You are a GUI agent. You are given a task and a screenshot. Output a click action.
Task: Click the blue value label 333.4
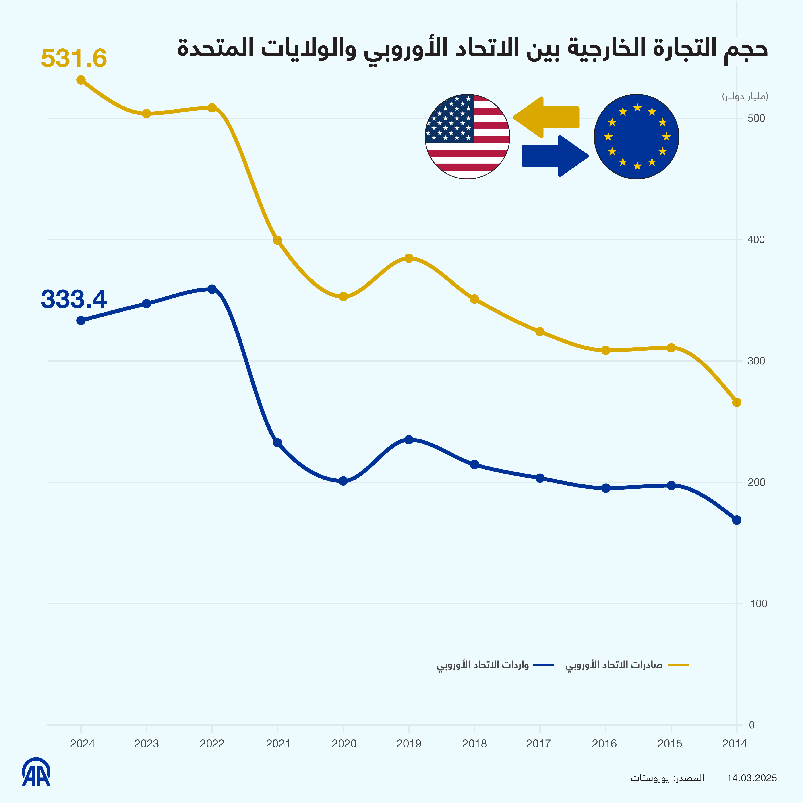click(74, 299)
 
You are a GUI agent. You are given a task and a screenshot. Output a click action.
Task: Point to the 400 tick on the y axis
click(756, 240)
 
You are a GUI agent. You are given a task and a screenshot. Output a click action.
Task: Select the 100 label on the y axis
click(758, 604)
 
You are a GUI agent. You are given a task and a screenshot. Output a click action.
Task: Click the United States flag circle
click(467, 137)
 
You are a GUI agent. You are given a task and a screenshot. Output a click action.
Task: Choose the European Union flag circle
click(636, 137)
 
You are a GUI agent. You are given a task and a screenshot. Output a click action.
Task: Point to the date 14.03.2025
click(751, 778)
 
